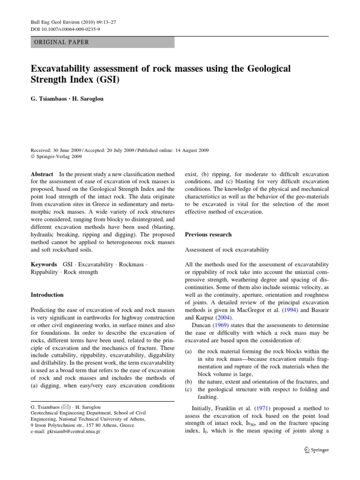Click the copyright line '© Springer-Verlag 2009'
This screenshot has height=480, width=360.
57,157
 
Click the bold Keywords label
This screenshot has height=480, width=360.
44,265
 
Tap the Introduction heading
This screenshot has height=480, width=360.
47,295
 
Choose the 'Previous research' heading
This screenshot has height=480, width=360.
208,234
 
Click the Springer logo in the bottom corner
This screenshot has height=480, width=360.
316,450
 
